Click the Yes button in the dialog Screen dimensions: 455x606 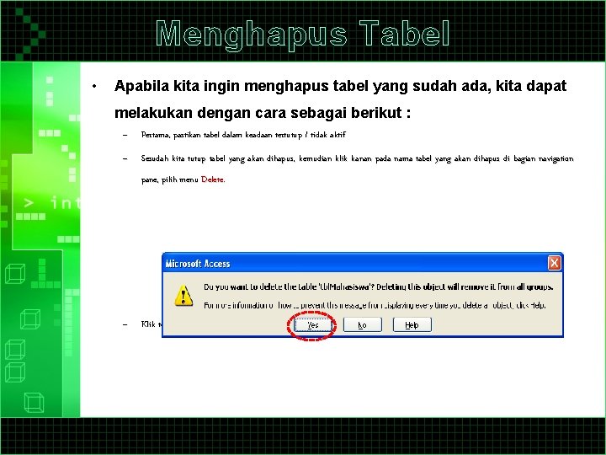(x=312, y=324)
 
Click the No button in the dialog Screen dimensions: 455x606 (x=362, y=324)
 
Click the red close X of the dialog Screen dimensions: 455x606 (x=554, y=264)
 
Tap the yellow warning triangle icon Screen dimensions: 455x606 (x=183, y=294)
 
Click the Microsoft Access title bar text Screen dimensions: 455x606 (x=198, y=264)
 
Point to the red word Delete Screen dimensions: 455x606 (x=212, y=179)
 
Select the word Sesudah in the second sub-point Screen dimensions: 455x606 (x=156, y=158)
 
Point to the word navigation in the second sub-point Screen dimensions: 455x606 (x=550, y=158)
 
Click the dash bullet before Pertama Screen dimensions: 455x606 (x=123, y=135)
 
